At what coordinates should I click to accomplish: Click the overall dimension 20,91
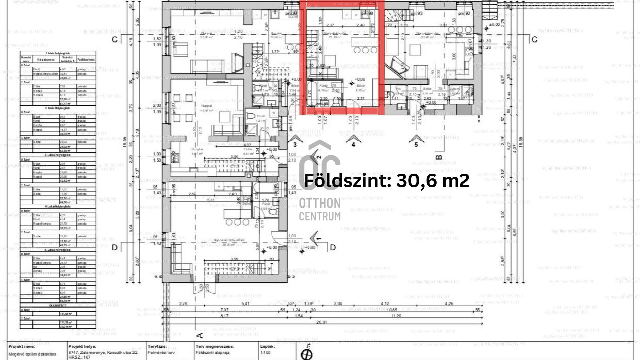[322, 322]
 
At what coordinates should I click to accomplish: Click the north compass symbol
[307, 354]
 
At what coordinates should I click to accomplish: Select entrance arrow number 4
[353, 140]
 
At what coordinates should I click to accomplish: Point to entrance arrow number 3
[295, 140]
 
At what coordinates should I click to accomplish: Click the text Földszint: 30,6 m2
[387, 181]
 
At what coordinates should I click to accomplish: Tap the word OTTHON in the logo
[319, 203]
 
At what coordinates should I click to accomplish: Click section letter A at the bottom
[199, 335]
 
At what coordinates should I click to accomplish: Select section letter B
[439, 157]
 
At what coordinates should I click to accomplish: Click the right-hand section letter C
[535, 40]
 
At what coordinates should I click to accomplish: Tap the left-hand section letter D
[115, 248]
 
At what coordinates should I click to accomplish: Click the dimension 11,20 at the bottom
[396, 316]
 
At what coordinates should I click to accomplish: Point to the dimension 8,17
[224, 316]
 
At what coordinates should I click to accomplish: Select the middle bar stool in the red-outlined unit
[366, 50]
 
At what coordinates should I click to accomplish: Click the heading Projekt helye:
[82, 347]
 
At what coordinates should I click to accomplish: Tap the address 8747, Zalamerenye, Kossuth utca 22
[103, 352]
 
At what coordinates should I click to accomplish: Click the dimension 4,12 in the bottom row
[385, 304]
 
